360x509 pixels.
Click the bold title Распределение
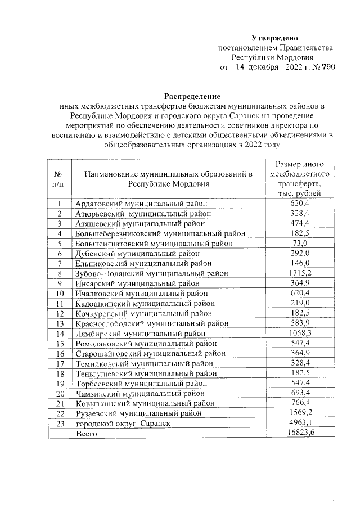pos(192,96)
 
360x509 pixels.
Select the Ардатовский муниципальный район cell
pos(141,204)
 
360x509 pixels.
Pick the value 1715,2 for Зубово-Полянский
pos(299,273)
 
